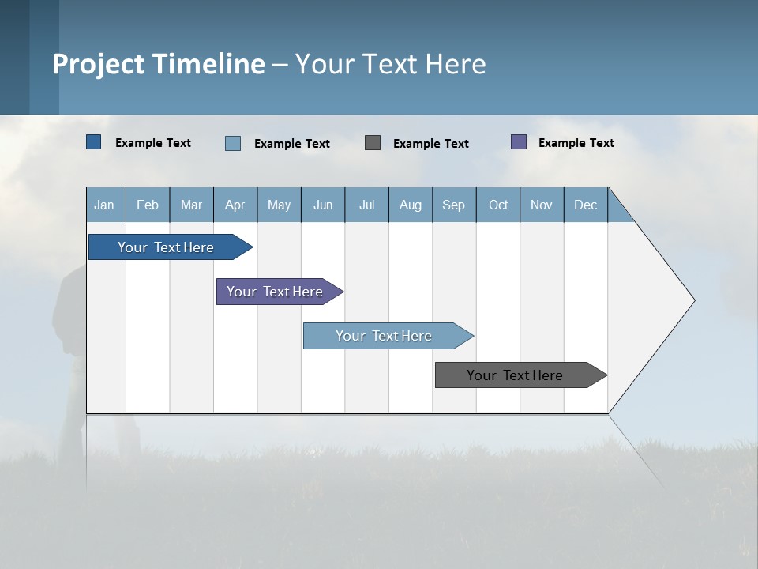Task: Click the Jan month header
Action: pyautogui.click(x=105, y=205)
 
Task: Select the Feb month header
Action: pyautogui.click(x=148, y=205)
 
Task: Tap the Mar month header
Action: pyautogui.click(x=191, y=205)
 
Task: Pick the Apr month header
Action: pyautogui.click(x=235, y=205)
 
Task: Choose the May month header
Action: pyautogui.click(x=279, y=205)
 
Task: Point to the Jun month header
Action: pyautogui.click(x=323, y=205)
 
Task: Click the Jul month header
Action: pyautogui.click(x=366, y=205)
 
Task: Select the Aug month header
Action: pyautogui.click(x=411, y=205)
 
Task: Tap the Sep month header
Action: pyautogui.click(x=454, y=205)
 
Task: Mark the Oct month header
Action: pyautogui.click(x=498, y=205)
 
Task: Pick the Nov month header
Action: pyautogui.click(x=542, y=205)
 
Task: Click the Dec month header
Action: pyautogui.click(x=586, y=205)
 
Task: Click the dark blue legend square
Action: pyautogui.click(x=94, y=142)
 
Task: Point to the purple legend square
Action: pyautogui.click(x=519, y=142)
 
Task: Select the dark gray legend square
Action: pyautogui.click(x=373, y=142)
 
